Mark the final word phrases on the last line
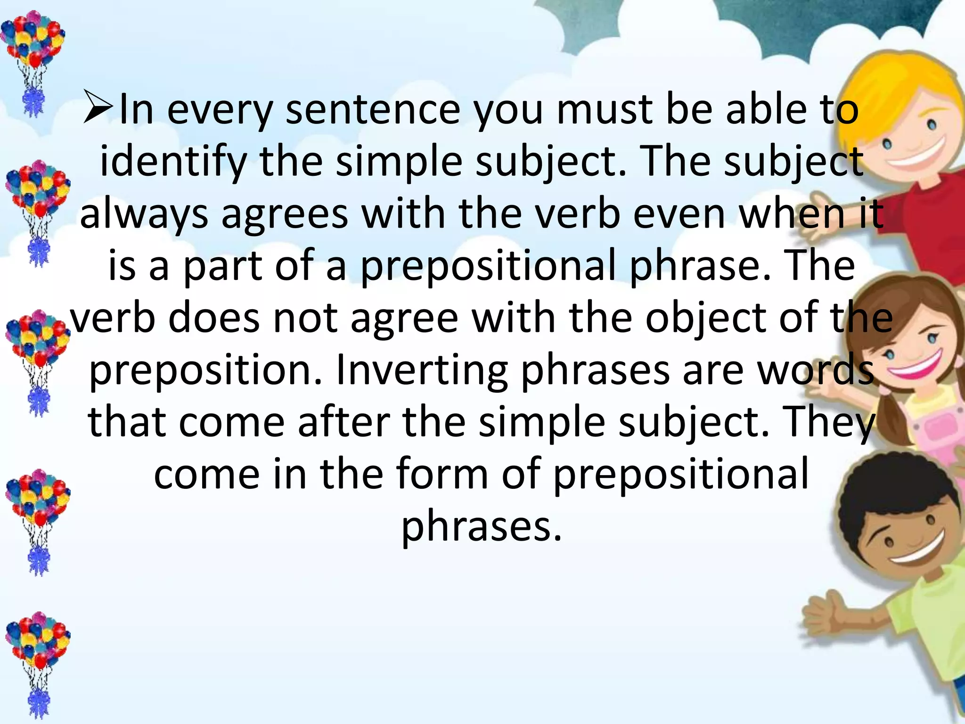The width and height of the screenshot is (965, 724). pyautogui.click(x=482, y=527)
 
